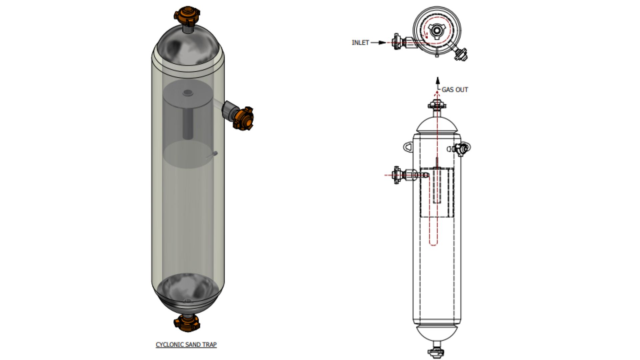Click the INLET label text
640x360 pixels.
click(360, 43)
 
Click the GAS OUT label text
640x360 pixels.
click(455, 90)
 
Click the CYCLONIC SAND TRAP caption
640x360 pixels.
click(186, 344)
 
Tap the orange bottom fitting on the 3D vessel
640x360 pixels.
click(187, 323)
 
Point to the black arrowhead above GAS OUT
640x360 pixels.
click(438, 80)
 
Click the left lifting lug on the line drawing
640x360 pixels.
click(408, 147)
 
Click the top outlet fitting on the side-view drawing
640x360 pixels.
click(437, 105)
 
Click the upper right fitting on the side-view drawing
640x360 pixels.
click(462, 148)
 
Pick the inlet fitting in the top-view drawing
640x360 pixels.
click(397, 42)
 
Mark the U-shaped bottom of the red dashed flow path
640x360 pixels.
click(433, 244)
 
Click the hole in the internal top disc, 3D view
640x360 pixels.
click(188, 93)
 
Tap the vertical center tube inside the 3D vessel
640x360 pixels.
click(188, 123)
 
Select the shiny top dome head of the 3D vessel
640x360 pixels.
click(188, 45)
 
